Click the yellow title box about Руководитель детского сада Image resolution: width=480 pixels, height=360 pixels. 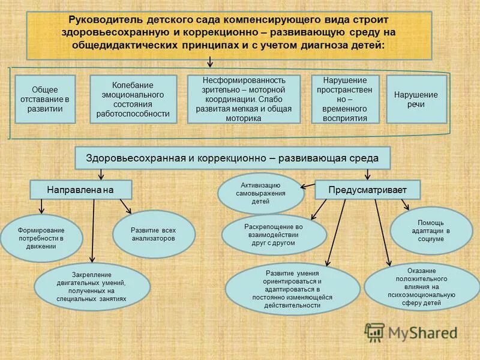pyautogui.click(x=229, y=34)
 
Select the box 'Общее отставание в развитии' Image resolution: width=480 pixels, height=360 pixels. pyautogui.click(x=45, y=99)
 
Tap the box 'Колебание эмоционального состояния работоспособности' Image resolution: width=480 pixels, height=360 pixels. pyautogui.click(x=133, y=99)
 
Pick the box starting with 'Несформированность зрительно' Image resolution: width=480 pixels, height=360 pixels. pyautogui.click(x=244, y=99)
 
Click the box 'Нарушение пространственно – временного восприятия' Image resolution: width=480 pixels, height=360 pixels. pyautogui.click(x=346, y=99)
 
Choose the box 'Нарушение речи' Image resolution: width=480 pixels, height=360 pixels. pyautogui.click(x=416, y=99)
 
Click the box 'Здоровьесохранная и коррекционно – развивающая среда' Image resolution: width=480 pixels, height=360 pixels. pyautogui.click(x=232, y=158)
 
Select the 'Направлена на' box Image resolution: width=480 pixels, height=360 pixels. pyautogui.click(x=81, y=190)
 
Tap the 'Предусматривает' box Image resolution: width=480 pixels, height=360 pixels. pyautogui.click(x=367, y=190)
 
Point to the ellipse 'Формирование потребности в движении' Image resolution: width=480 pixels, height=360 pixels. pyautogui.click(x=41, y=238)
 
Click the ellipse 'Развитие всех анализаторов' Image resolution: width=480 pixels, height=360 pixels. pyautogui.click(x=154, y=234)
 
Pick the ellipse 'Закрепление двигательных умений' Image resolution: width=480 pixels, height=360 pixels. pyautogui.click(x=92, y=287)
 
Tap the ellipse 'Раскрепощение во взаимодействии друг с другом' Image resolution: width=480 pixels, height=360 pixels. pyautogui.click(x=274, y=235)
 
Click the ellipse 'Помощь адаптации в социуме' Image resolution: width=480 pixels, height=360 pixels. pyautogui.click(x=431, y=231)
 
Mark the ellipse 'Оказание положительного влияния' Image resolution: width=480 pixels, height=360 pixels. pyautogui.click(x=422, y=287)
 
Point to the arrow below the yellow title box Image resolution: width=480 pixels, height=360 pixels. pyautogui.click(x=210, y=62)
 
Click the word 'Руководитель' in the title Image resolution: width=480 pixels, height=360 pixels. pyautogui.click(x=103, y=20)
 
